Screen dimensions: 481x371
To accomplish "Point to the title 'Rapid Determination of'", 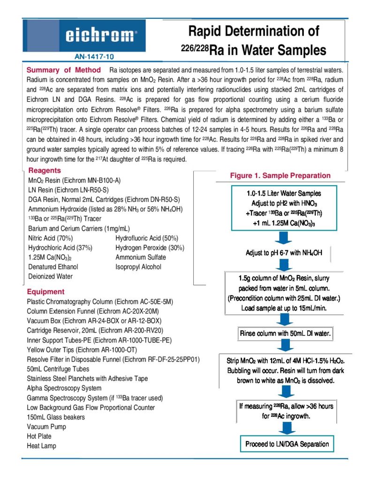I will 253,31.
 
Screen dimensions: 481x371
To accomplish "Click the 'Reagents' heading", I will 45,171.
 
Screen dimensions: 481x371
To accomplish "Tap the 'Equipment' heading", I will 45,291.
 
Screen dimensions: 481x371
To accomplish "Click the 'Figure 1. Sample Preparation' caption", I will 280,176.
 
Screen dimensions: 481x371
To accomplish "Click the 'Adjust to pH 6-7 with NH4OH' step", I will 284,253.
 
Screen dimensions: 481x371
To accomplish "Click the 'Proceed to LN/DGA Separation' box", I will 288,443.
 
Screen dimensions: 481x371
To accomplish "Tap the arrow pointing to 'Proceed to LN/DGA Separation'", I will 284,427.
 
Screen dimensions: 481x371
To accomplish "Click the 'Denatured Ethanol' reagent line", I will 55,267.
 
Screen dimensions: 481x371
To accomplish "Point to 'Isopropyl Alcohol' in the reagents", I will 138,267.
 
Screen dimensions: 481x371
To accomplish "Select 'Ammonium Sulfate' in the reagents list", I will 141,257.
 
